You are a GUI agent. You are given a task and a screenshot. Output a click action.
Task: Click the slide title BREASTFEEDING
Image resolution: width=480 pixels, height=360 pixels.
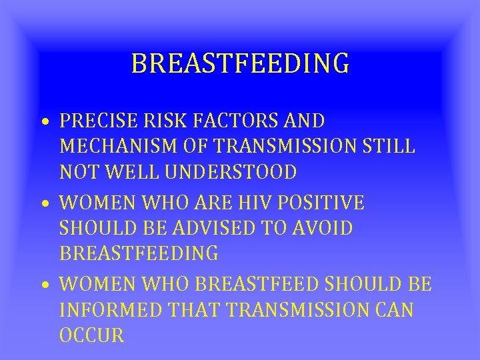point(240,64)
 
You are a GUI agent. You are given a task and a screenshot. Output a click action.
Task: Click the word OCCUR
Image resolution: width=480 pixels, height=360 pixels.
point(92,335)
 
